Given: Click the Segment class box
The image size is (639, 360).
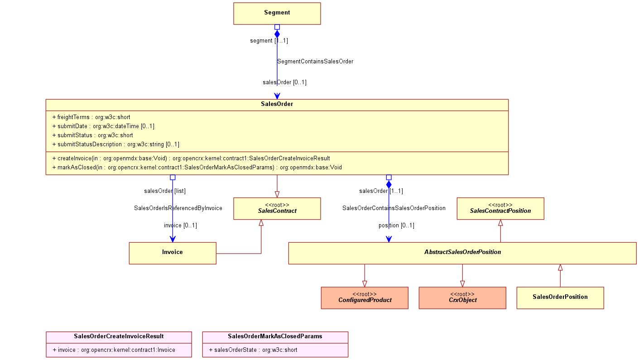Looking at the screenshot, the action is coord(277,14).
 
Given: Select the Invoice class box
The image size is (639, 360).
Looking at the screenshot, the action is coord(173,253).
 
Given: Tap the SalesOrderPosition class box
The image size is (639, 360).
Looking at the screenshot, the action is coord(560,298).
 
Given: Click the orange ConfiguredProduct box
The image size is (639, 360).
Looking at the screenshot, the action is coord(365,298).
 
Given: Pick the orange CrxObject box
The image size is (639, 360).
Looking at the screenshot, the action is coord(462,298).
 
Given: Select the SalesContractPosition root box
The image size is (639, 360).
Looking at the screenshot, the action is coord(500,208).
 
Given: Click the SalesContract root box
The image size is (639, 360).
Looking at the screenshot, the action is coord(277,208).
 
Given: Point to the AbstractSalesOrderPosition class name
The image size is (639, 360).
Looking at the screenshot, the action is coord(462,252).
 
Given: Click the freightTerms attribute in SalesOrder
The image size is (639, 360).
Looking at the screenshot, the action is coord(91,117).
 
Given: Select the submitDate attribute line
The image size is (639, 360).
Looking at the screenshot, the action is coord(103,126).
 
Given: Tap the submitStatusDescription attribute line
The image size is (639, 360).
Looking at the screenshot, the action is coord(115,144).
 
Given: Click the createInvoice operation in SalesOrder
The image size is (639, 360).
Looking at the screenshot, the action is coord(191,158).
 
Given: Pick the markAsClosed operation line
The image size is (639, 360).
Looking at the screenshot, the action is coord(197,168).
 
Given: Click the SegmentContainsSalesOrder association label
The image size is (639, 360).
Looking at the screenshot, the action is coord(315,61).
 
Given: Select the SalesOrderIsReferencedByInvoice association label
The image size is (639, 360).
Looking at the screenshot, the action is coord(178,208).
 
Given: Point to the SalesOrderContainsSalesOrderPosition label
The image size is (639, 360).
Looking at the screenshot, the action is coord(394,208).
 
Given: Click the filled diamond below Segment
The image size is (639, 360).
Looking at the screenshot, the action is coord(277,34).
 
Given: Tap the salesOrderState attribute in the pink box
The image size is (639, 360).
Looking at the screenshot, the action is coord(253,350).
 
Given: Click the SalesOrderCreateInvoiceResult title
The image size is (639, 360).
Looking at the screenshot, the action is coord(119,336).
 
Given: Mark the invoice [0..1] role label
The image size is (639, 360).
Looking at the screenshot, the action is coord(180,226).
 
